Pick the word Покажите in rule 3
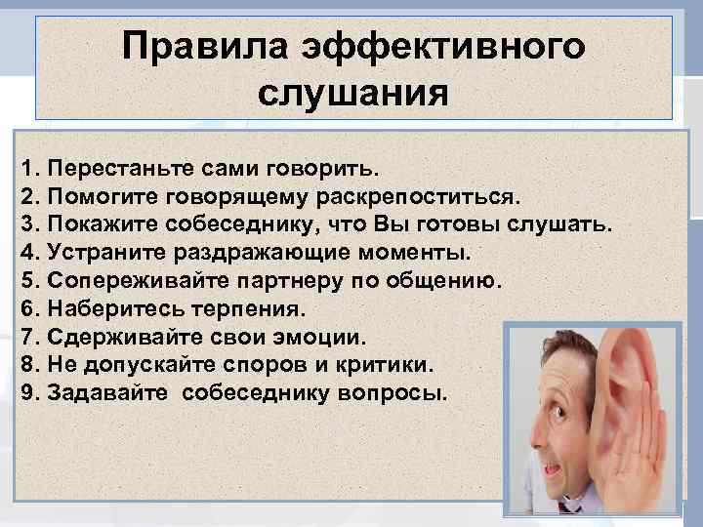(x=94, y=224)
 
